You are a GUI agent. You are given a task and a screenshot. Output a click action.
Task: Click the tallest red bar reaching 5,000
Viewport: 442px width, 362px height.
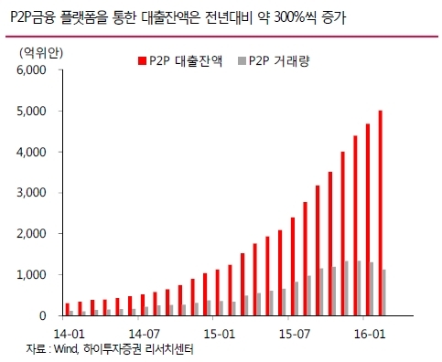(380, 213)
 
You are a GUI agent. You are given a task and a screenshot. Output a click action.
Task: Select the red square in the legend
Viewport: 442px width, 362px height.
(142, 60)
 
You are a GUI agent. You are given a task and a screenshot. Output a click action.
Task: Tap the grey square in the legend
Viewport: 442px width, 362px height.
(242, 60)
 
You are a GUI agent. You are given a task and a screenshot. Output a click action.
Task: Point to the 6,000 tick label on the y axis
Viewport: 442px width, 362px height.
(31, 70)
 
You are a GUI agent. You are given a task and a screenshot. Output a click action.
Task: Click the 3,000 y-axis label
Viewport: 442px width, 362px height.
(31, 193)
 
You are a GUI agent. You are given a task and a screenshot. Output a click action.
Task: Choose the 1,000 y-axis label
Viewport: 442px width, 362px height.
(31, 274)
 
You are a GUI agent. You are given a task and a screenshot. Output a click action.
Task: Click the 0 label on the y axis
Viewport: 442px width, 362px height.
(42, 315)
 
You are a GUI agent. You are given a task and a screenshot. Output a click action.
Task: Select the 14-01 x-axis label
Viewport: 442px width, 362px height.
(69, 334)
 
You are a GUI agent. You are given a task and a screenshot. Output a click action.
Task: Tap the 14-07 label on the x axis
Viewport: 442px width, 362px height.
(144, 334)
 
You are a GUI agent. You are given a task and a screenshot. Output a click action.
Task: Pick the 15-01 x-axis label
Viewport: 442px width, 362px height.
(219, 334)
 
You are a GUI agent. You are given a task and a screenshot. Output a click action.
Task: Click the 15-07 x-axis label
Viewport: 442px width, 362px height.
(295, 334)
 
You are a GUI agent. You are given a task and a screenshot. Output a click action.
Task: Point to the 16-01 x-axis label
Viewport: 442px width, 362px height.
(370, 334)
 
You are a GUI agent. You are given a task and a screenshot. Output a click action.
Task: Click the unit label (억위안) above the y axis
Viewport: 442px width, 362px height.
(41, 53)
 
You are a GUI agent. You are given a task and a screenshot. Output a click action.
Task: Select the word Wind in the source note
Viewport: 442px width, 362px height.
(66, 349)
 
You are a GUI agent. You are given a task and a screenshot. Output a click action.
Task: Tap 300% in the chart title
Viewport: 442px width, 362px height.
(289, 18)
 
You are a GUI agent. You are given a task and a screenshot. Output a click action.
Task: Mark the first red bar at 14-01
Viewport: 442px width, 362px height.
(68, 309)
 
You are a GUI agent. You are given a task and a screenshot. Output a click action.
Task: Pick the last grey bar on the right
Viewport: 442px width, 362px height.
(384, 293)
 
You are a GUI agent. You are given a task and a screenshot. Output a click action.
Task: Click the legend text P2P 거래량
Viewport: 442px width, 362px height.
(279, 60)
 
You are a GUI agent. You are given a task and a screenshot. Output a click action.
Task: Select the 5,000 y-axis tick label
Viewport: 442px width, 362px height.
(31, 111)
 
